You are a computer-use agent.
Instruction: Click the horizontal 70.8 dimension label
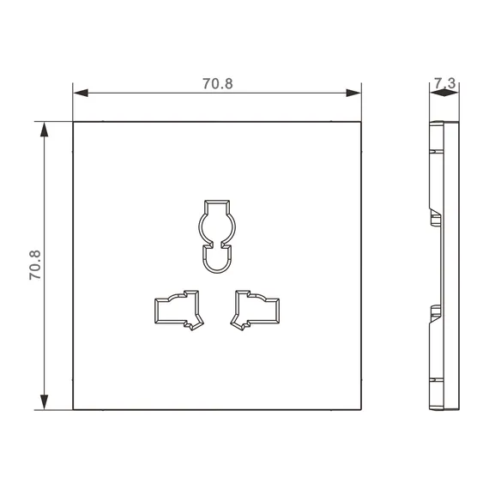(218, 83)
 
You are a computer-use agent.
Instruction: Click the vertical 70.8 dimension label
(35, 265)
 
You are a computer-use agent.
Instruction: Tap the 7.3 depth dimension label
(445, 83)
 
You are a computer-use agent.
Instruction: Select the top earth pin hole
(217, 237)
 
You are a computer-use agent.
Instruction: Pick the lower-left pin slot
(179, 310)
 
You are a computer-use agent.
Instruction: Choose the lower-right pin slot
(255, 310)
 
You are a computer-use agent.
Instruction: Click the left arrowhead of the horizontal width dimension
(81, 93)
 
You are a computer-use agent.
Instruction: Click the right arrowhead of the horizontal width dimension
(353, 93)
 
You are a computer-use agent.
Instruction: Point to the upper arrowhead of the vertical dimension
(45, 130)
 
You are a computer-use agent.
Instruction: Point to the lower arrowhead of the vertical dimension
(45, 402)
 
